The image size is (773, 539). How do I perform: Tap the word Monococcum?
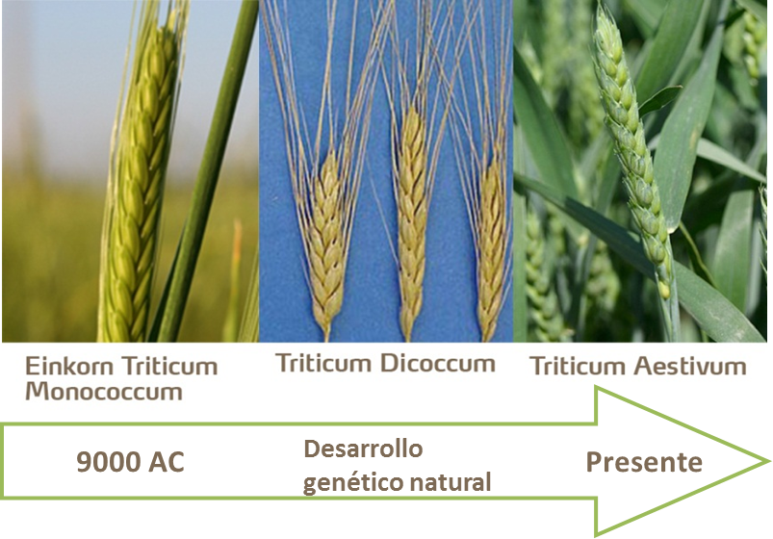tap(103, 392)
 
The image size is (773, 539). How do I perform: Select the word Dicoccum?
tap(438, 364)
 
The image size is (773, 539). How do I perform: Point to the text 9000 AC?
tap(130, 463)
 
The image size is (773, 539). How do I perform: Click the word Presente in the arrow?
tap(644, 462)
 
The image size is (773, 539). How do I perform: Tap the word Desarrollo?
tap(363, 449)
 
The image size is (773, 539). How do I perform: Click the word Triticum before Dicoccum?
tap(325, 364)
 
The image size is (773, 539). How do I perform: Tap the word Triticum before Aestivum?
tap(575, 366)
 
